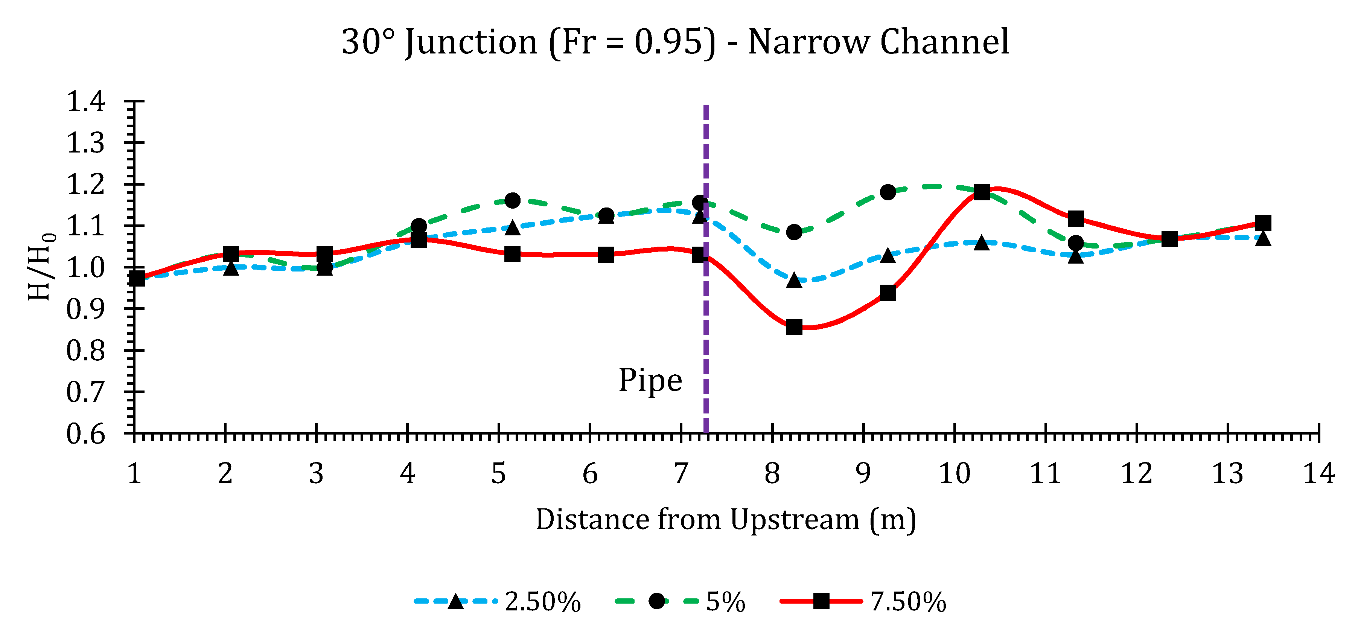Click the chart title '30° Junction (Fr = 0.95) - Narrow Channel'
click(675, 42)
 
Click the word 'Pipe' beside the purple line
click(650, 381)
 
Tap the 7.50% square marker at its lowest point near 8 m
click(794, 327)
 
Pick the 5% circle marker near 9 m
click(888, 192)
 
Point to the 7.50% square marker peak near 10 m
click(982, 192)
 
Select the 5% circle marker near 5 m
click(512, 200)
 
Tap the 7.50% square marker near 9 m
click(888, 293)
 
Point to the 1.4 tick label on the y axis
click(86, 101)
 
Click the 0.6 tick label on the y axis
click(86, 434)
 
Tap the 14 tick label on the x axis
click(1318, 474)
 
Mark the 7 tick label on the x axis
click(681, 474)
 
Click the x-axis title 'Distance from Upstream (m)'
click(726, 520)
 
